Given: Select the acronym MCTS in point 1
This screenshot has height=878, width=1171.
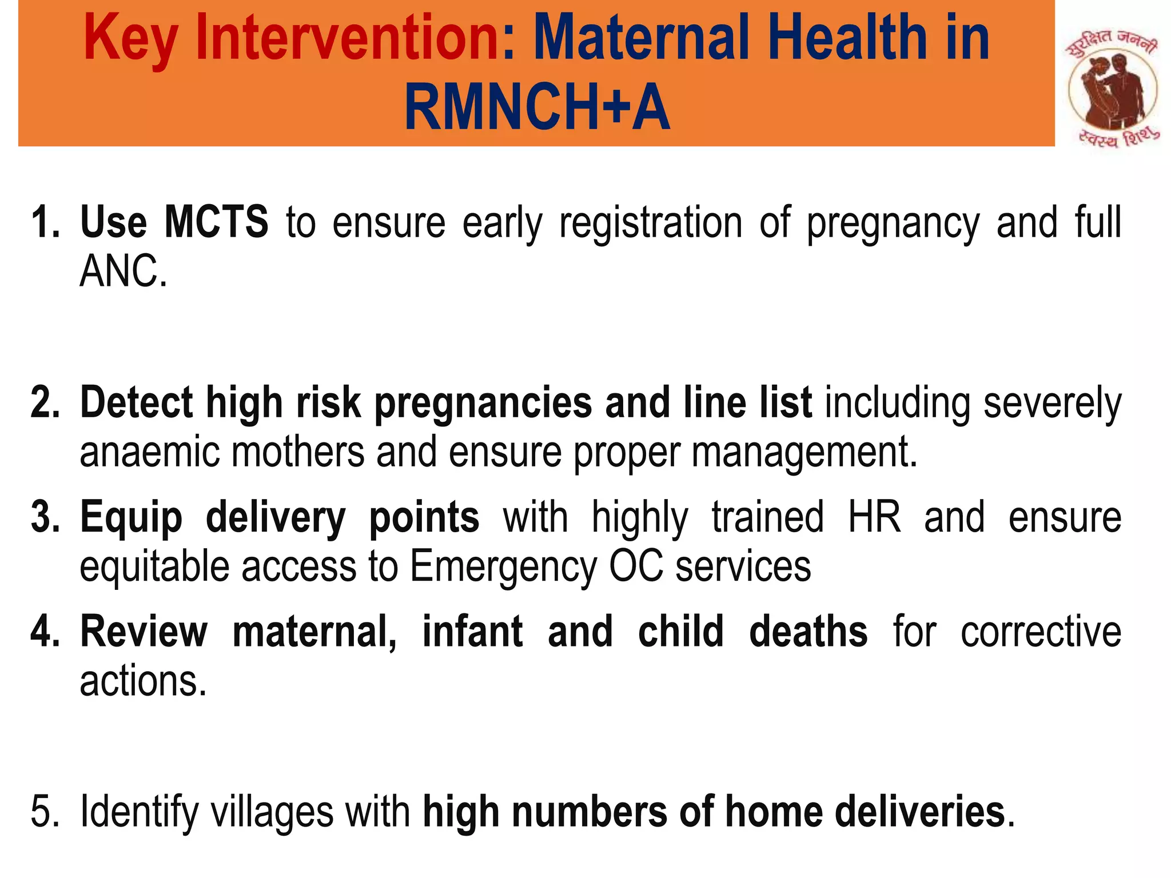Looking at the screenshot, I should coord(216,222).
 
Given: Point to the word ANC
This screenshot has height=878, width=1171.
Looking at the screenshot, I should coord(122,272).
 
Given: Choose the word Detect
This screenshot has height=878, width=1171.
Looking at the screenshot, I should coord(136,402).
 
